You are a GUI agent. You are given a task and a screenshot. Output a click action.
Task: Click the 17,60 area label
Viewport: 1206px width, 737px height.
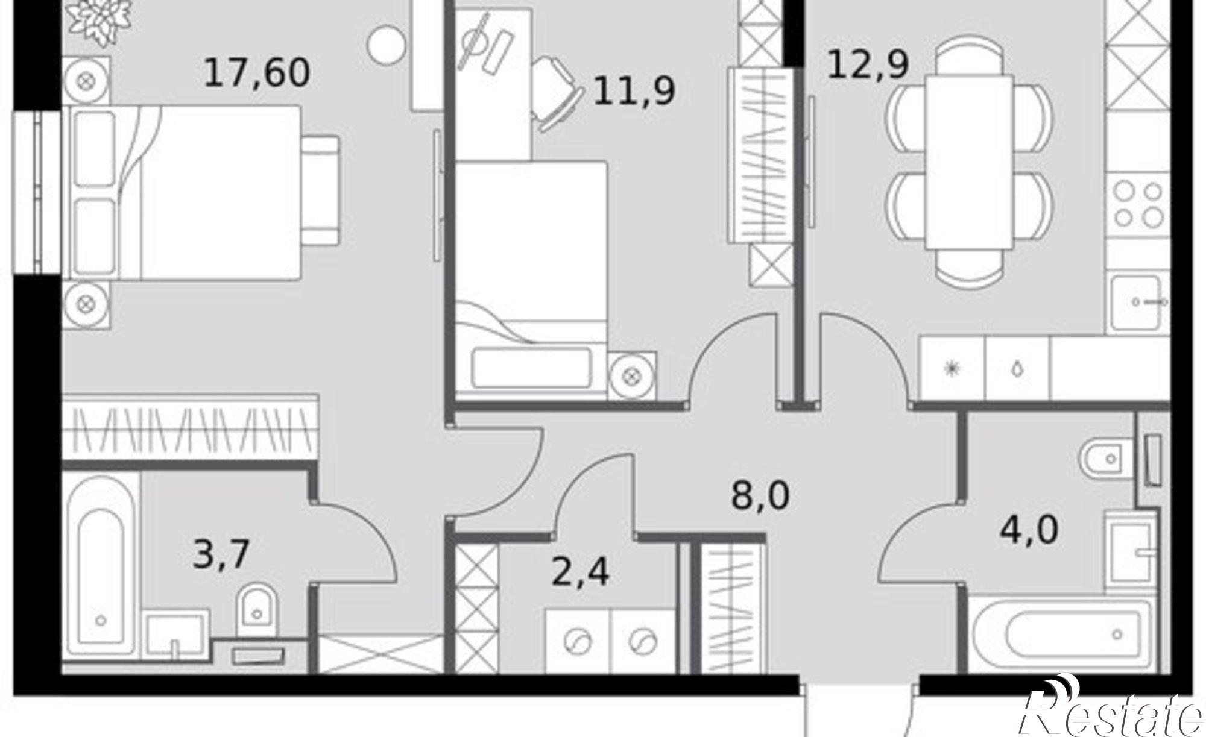click(257, 73)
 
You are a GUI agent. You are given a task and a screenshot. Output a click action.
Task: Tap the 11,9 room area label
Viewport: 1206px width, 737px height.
click(634, 92)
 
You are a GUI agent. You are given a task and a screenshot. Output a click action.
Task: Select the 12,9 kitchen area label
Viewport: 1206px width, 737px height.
click(868, 64)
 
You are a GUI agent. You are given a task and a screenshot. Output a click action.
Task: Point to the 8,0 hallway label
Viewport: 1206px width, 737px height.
click(760, 497)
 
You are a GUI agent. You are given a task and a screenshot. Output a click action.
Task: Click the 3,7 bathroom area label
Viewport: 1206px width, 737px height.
click(221, 554)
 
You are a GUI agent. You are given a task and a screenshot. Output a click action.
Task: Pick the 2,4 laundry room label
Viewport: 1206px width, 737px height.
click(580, 572)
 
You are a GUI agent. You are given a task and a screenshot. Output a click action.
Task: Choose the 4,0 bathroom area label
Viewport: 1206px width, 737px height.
click(1029, 531)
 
